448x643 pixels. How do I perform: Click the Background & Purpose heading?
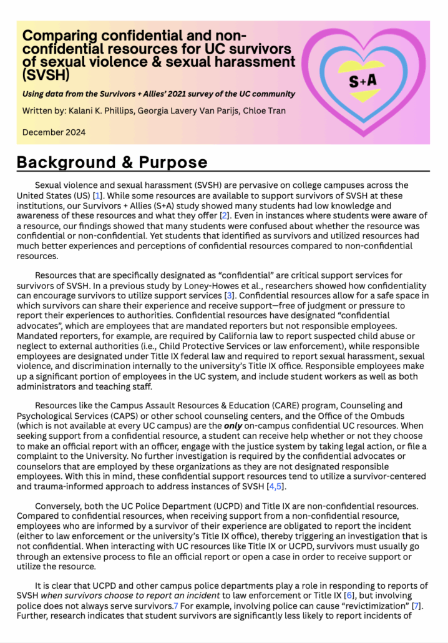(112, 162)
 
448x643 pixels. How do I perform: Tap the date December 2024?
(54, 132)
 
